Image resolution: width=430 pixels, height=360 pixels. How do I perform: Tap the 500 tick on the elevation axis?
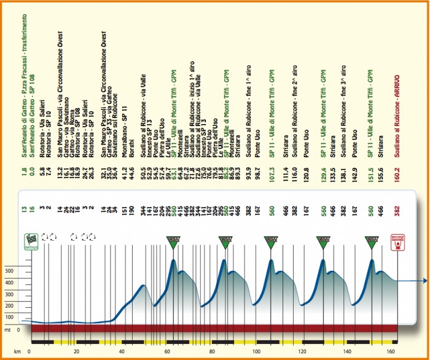9,270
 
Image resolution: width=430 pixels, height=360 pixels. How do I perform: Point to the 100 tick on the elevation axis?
9,317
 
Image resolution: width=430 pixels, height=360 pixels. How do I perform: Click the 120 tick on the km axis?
302,351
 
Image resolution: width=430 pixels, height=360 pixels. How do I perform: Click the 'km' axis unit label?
9,351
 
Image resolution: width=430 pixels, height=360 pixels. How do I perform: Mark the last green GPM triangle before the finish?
371,242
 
